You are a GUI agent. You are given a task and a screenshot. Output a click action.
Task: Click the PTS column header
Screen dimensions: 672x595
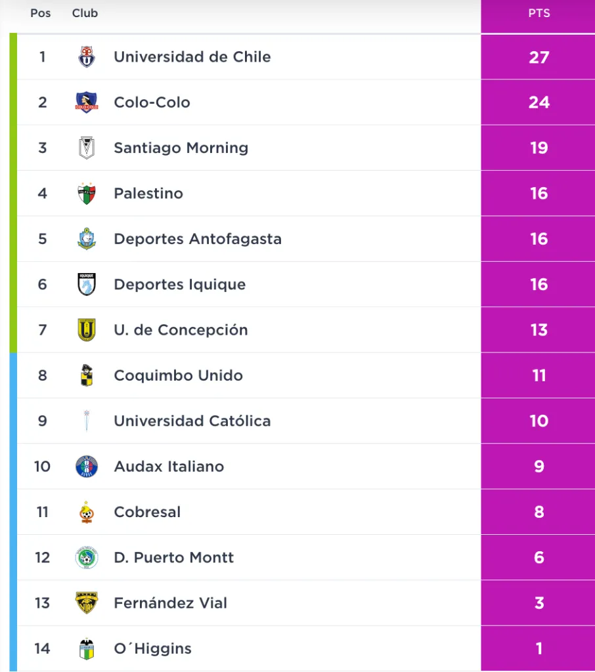(x=539, y=13)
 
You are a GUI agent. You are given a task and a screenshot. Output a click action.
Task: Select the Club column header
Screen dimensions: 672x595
(x=85, y=13)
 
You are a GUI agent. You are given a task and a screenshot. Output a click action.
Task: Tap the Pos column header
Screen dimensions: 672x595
(x=41, y=13)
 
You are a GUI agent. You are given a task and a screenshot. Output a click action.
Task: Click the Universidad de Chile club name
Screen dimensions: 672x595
(x=192, y=57)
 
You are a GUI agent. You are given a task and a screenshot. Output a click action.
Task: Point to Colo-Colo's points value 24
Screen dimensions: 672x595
(x=539, y=102)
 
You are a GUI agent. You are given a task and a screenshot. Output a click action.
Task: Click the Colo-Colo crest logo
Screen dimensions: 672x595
(x=87, y=102)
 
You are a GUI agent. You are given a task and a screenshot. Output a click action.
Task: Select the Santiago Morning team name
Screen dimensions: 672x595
(x=181, y=148)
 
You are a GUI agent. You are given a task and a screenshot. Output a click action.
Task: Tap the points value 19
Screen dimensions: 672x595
(x=539, y=148)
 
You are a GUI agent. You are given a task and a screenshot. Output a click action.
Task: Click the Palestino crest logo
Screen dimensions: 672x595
(x=87, y=194)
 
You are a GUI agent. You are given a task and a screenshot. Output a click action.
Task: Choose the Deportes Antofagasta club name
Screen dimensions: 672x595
(x=197, y=239)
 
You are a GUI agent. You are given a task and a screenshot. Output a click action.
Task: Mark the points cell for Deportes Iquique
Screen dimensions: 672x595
(x=539, y=284)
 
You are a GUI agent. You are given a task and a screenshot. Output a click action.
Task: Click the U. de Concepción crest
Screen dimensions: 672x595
(x=87, y=329)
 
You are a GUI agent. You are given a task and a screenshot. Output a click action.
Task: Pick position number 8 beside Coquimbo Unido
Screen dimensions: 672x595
(x=43, y=375)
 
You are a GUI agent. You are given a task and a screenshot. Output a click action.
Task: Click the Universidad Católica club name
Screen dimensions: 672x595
(x=192, y=421)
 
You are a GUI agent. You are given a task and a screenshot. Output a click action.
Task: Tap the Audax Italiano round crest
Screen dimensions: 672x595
(x=87, y=467)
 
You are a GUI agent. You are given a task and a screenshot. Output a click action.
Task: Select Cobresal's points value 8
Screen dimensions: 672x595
(x=539, y=512)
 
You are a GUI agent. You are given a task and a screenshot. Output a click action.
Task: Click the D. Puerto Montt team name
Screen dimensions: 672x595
(x=173, y=558)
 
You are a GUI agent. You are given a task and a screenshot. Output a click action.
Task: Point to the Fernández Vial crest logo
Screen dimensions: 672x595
(x=87, y=603)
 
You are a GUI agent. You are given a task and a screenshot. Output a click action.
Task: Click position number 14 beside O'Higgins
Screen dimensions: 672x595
(x=42, y=648)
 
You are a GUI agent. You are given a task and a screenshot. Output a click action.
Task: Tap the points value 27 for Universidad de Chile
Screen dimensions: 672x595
(x=539, y=57)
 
